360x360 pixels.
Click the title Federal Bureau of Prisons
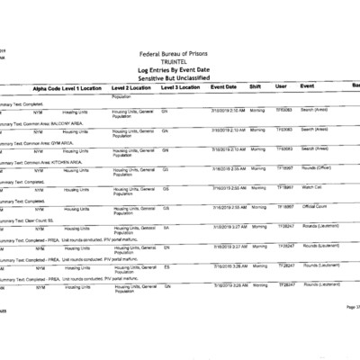178,53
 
